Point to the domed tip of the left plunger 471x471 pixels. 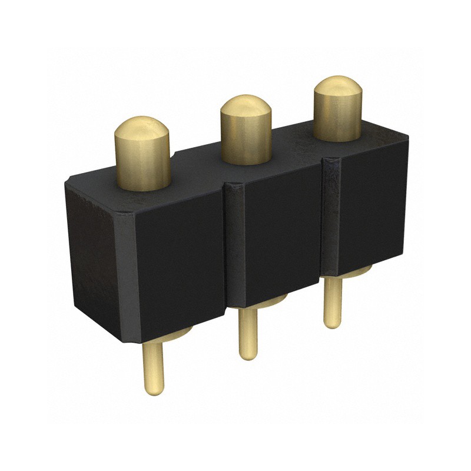tap(141, 127)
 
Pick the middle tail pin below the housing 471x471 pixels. tap(248, 333)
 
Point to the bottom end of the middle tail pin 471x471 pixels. tap(248, 354)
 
